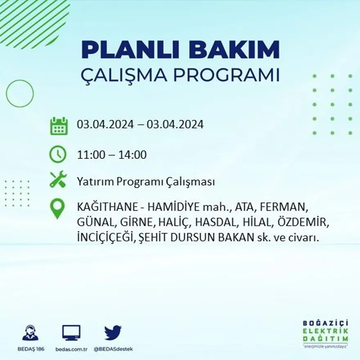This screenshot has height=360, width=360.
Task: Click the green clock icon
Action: [x=58, y=155]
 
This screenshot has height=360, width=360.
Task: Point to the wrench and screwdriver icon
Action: [x=58, y=180]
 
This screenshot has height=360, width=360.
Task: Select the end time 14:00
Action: [x=133, y=155]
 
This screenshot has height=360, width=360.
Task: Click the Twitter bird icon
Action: [x=112, y=332]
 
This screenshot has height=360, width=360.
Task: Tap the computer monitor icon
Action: [x=71, y=333]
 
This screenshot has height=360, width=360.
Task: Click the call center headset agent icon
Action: [x=30, y=333]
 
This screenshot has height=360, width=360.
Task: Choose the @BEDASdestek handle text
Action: [x=113, y=349]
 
